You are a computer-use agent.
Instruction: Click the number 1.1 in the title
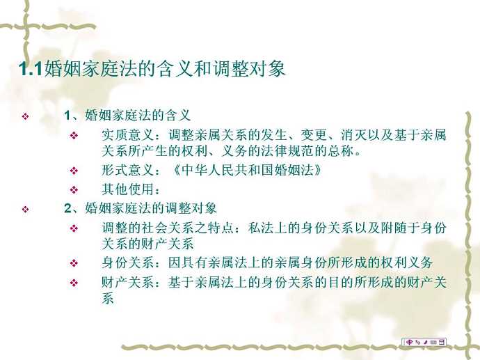pyautogui.click(x=31, y=68)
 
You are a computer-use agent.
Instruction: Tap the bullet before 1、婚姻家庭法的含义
pyautogui.click(x=26, y=116)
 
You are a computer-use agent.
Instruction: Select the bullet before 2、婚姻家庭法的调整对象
pyautogui.click(x=26, y=210)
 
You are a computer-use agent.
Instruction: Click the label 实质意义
pyautogui.click(x=128, y=135)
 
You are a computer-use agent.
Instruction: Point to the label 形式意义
pyautogui.click(x=128, y=170)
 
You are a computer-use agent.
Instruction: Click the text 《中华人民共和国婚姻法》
pyautogui.click(x=248, y=170)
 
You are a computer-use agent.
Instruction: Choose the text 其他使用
pyautogui.click(x=128, y=189)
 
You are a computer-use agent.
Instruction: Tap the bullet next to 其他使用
pyautogui.click(x=74, y=190)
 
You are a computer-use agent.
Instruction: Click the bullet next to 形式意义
pyautogui.click(x=74, y=171)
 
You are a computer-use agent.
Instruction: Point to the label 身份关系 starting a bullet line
pyautogui.click(x=128, y=263)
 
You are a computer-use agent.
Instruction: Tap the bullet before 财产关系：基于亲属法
pyautogui.click(x=74, y=283)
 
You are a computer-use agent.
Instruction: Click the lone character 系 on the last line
pyautogui.click(x=108, y=298)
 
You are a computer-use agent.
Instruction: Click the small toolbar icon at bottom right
pyautogui.click(x=424, y=342)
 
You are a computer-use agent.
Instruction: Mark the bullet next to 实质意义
pyautogui.click(x=74, y=135)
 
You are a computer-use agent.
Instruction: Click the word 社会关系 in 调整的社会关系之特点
pyautogui.click(x=168, y=228)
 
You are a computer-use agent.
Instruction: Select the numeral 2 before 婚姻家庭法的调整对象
pyautogui.click(x=67, y=208)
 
